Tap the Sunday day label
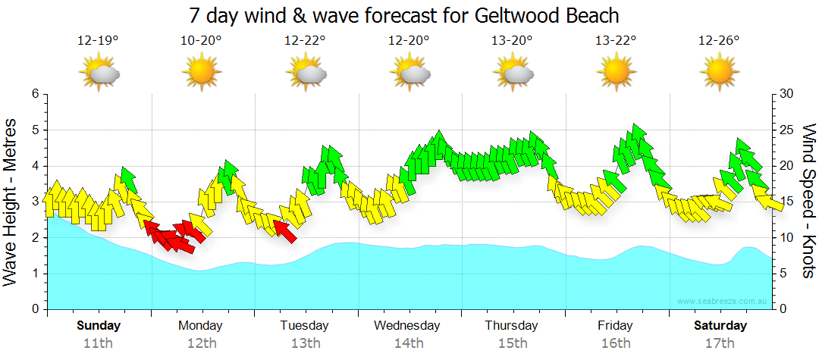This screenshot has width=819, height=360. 98,326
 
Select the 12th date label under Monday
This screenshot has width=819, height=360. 200,343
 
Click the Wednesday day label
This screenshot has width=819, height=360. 407,326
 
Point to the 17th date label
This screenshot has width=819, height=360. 720,343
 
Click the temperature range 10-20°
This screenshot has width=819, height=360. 201,41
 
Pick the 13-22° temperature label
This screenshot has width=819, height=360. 615,41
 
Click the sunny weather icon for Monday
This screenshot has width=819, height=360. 201,73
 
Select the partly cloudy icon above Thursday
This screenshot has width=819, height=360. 513,73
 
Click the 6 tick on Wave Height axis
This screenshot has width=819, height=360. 33,94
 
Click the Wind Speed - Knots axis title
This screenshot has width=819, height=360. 808,201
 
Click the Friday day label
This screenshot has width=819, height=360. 615,326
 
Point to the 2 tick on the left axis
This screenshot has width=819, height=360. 33,238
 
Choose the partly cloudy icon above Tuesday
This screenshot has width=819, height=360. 306,73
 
